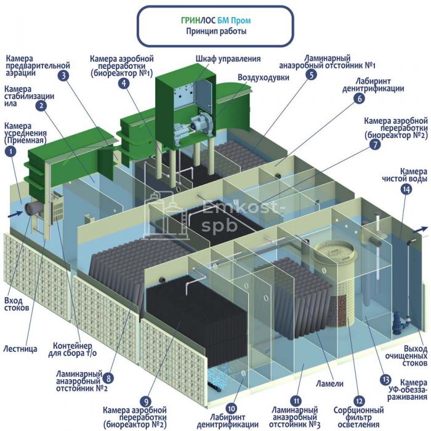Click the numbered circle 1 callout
click(10, 152)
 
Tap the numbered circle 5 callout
click(312, 75)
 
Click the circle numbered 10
click(232, 407)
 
